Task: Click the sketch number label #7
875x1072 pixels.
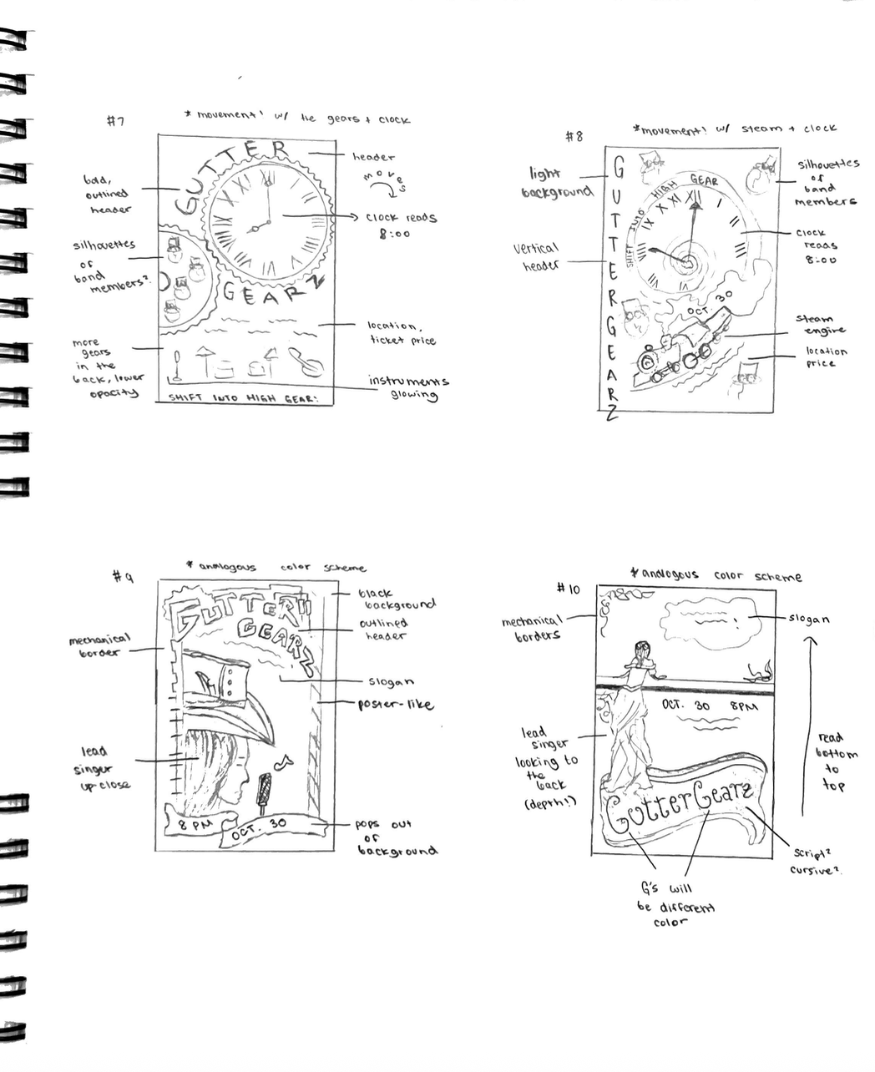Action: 115,121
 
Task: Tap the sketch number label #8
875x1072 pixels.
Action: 574,136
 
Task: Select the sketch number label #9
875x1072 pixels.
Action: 123,576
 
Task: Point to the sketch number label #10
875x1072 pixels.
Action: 568,589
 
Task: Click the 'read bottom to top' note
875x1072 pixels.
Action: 832,761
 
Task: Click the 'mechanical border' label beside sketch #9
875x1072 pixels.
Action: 99,646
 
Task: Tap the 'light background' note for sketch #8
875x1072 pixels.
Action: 556,183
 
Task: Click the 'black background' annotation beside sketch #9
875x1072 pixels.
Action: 396,599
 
